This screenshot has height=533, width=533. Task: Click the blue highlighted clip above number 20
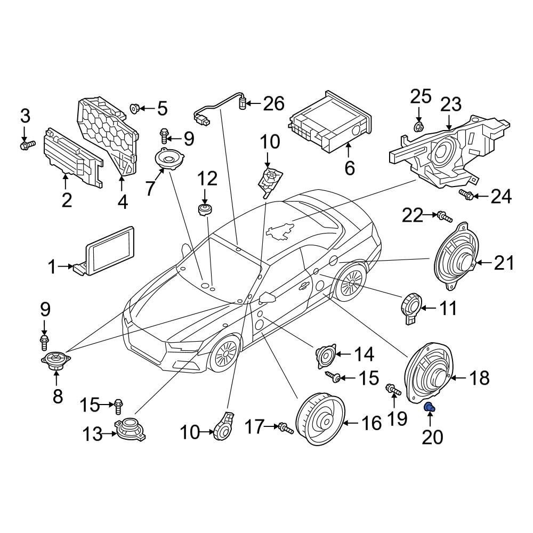pyautogui.click(x=429, y=408)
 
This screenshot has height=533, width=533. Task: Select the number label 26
pyautogui.click(x=273, y=103)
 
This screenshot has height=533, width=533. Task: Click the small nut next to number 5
pyautogui.click(x=135, y=109)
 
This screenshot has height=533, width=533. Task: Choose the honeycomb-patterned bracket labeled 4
pyautogui.click(x=109, y=133)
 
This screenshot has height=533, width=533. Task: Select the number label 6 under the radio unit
pyautogui.click(x=349, y=168)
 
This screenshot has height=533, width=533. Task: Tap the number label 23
pyautogui.click(x=450, y=105)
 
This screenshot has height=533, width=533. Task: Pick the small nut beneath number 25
pyautogui.click(x=419, y=127)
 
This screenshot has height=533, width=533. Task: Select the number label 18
pyautogui.click(x=479, y=378)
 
